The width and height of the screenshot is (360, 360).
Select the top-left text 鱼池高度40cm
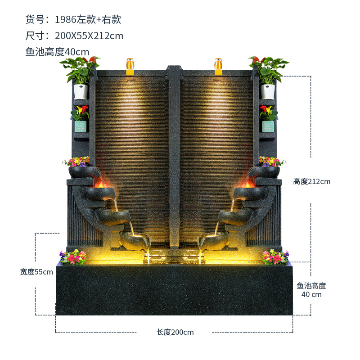[x=57, y=51]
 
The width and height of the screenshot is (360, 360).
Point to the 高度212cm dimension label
[x=312, y=182]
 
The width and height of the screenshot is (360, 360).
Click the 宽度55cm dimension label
[x=36, y=272]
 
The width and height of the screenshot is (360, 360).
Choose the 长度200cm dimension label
[x=175, y=332]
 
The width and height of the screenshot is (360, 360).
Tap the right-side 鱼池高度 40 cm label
[x=311, y=290]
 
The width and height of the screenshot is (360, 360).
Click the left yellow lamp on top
[x=130, y=66]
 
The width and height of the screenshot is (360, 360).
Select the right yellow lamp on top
[x=219, y=66]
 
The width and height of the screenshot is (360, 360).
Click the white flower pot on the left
[x=81, y=91]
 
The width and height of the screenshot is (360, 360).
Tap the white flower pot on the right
[x=267, y=91]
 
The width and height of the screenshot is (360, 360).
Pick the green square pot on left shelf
[x=81, y=126]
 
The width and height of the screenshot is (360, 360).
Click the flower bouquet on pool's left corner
[x=73, y=257]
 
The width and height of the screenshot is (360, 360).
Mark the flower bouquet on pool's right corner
[x=275, y=257]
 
